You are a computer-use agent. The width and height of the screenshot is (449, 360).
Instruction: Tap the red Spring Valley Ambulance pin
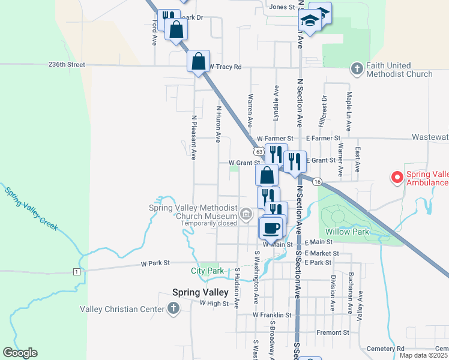(397, 177)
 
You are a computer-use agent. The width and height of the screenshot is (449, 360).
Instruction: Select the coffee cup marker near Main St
(271, 228)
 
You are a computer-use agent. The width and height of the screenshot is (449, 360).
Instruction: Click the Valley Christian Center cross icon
(173, 309)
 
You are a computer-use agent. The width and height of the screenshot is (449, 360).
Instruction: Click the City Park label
(208, 271)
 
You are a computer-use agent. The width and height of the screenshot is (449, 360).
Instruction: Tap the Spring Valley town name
(200, 292)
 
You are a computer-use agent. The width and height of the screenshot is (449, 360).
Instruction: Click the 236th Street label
(68, 64)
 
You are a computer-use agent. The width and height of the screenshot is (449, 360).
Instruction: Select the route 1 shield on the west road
(77, 272)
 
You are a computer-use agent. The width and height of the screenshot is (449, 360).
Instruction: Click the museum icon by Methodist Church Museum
(246, 213)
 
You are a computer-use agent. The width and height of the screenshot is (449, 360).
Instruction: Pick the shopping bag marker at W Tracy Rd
(198, 61)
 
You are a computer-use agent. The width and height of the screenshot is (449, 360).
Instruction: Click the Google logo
(20, 353)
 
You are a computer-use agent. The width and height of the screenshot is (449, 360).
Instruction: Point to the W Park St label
(156, 263)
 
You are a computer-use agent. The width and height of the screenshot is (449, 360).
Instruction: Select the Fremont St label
(337, 332)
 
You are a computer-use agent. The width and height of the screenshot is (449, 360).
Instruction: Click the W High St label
(214, 304)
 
